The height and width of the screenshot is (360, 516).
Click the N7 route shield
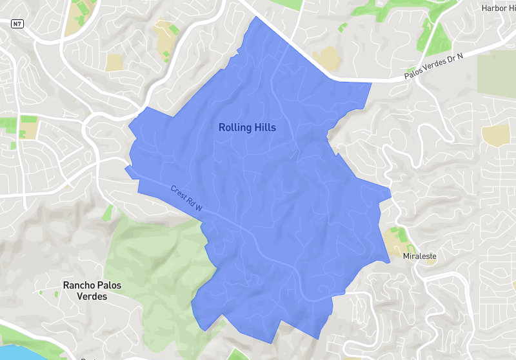pos(17,23)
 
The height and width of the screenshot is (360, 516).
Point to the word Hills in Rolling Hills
pos(265,128)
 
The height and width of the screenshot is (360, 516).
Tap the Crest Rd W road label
pos(186,198)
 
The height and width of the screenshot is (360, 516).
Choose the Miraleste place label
pos(419,256)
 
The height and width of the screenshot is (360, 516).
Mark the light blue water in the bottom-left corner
pos(16,352)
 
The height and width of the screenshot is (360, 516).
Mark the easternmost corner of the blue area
pos(391,190)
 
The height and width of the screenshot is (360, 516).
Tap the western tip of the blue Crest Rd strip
pos(126,168)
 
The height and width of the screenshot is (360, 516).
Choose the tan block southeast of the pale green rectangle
pos(495,134)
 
